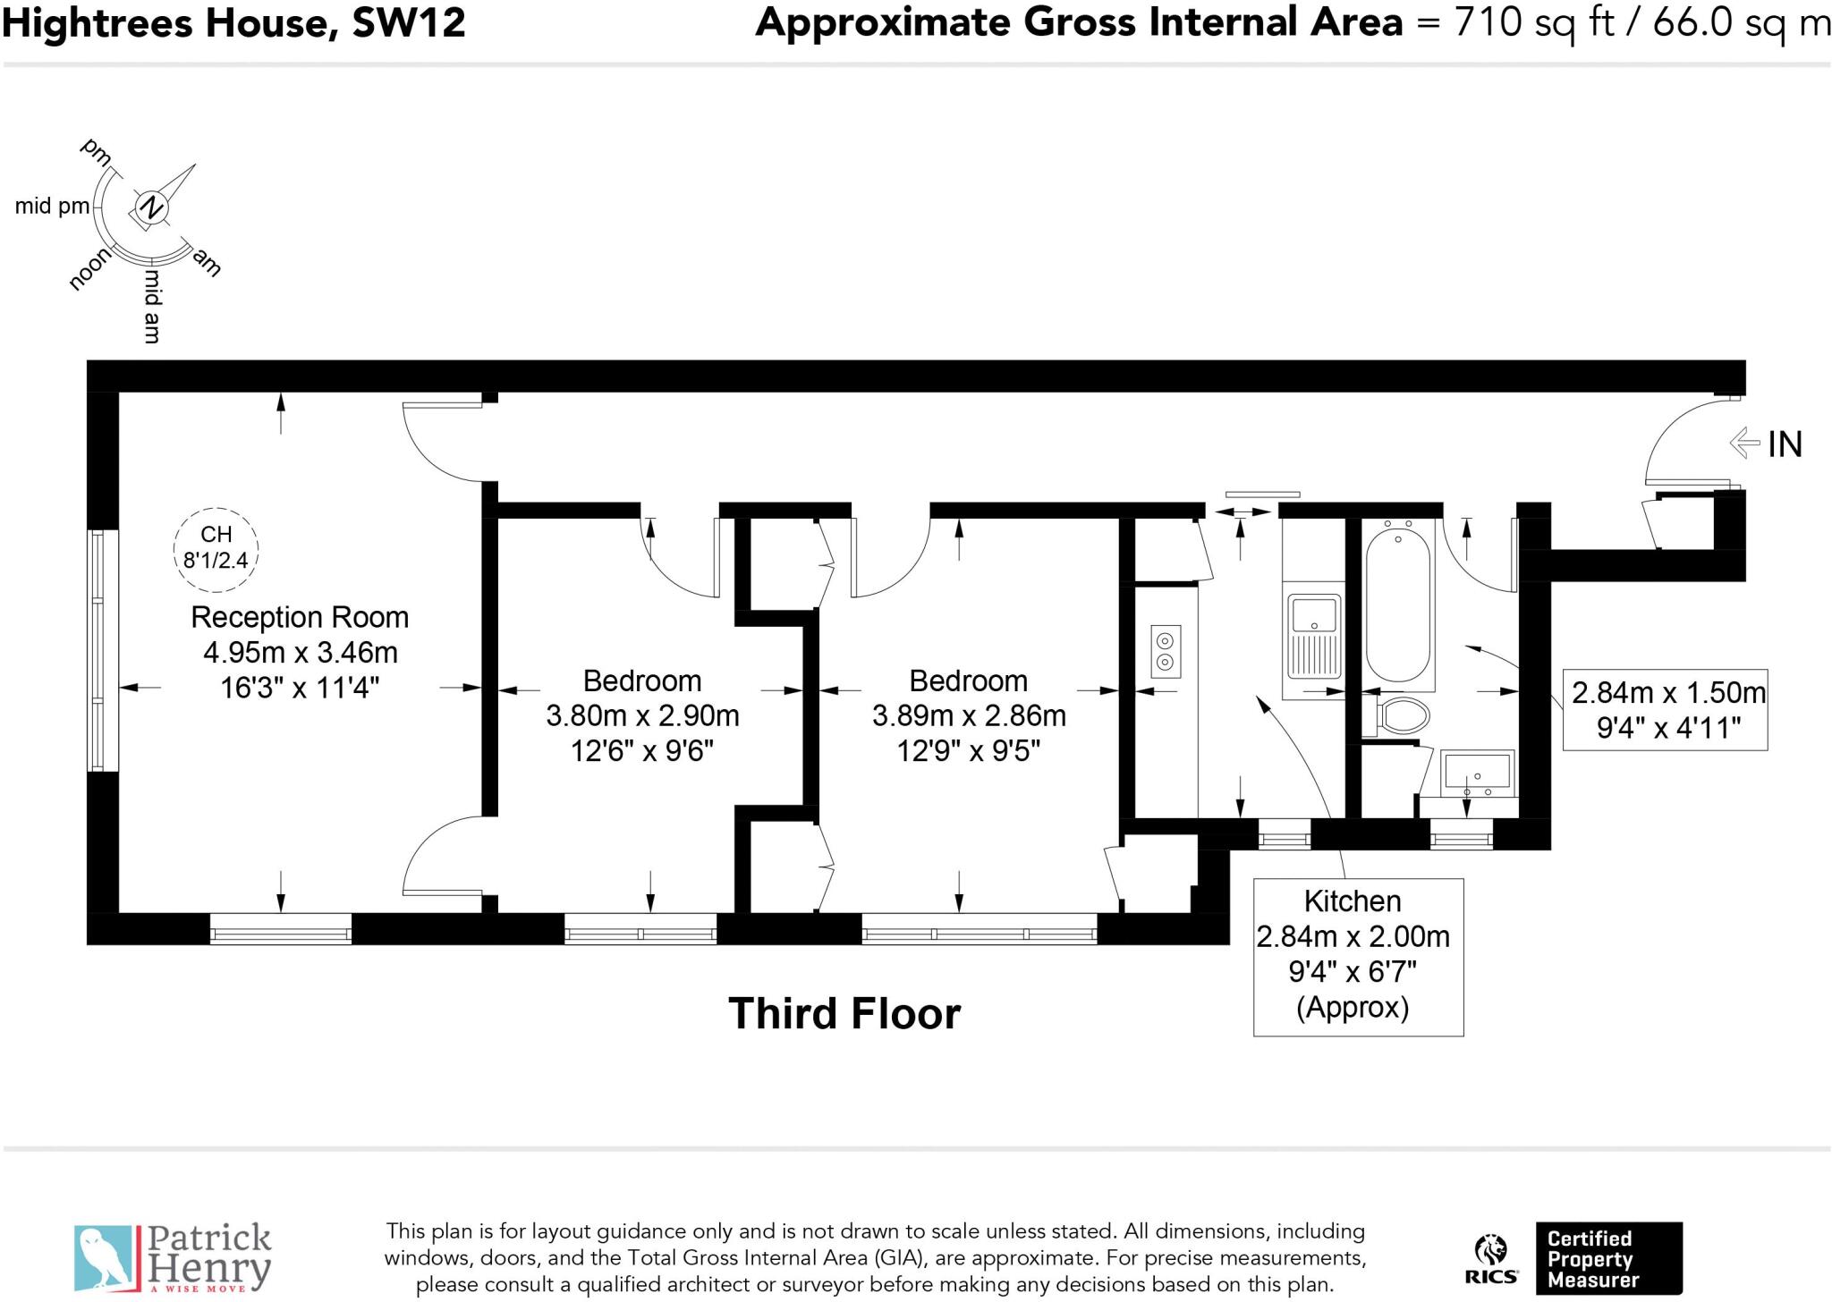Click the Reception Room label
[x=300, y=617]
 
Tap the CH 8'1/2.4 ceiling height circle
[x=216, y=548]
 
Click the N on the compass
[x=152, y=207]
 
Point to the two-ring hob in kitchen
[x=1165, y=651]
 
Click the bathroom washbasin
[x=1477, y=773]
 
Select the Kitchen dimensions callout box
[x=1357, y=956]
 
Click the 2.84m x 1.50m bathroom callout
[x=1665, y=709]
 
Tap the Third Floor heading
[x=844, y=1013]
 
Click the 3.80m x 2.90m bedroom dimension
[x=642, y=715]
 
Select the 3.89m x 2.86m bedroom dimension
[x=968, y=715]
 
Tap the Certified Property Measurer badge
[x=1607, y=1258]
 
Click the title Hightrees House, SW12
[x=234, y=22]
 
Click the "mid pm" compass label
[x=52, y=207]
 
